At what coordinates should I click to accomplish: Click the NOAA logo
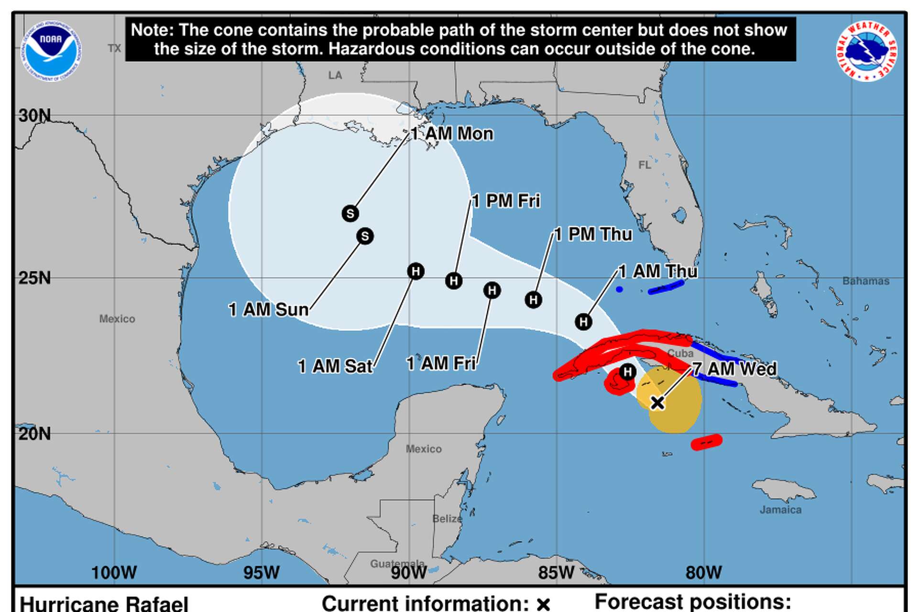point(51,51)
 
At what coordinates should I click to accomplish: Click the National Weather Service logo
point(866,51)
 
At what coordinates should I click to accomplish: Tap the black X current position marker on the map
point(657,403)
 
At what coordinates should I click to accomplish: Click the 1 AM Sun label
point(269,310)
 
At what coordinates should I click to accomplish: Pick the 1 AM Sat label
point(335,366)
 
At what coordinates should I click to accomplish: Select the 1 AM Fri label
point(441,363)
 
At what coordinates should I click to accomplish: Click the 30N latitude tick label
point(34,116)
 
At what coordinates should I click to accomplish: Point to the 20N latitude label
point(34,434)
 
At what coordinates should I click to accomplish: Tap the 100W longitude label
point(114,572)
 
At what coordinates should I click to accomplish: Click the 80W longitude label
point(703,572)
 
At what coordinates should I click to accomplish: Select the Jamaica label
point(780,510)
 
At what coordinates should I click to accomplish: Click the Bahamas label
point(865,281)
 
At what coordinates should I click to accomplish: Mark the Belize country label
point(447,519)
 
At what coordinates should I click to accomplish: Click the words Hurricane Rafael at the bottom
point(104,603)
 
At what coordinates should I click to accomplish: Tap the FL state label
point(645,165)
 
